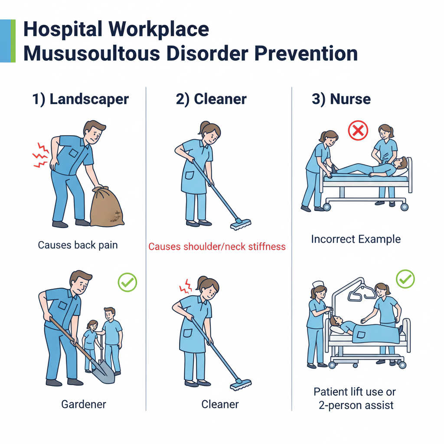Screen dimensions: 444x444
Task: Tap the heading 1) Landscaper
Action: [x=80, y=99]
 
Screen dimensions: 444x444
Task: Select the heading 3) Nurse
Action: [x=341, y=99]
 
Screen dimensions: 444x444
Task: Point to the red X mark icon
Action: [x=358, y=131]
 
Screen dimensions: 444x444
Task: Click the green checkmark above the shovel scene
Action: [x=127, y=282]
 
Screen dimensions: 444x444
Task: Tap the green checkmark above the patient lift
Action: [x=405, y=279]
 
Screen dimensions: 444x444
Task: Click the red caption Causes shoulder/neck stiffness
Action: [x=217, y=247]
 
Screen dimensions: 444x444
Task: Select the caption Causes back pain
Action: [x=78, y=245]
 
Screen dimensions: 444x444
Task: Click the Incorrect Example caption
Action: [x=356, y=239]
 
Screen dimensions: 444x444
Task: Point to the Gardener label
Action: [x=84, y=404]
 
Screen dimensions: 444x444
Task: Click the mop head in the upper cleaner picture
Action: [x=241, y=224]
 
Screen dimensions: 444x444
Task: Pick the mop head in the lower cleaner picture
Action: [x=241, y=385]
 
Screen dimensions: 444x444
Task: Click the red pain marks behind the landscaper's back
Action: [x=40, y=155]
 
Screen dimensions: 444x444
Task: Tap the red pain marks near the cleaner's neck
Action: [x=186, y=287]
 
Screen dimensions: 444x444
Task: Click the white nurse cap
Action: [x=318, y=284]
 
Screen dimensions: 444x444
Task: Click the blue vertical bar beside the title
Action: [x=5, y=41]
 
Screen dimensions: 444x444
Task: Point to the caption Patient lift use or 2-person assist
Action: [x=356, y=398]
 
